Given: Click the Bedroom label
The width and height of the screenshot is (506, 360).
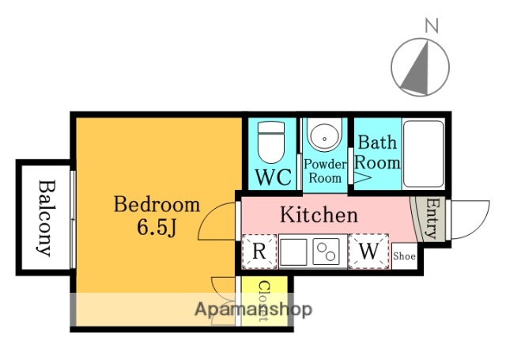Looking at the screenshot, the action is click(x=157, y=204).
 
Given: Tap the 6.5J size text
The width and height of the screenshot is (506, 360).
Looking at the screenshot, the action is click(x=157, y=227).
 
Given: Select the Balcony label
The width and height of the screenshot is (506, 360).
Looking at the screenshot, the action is click(x=45, y=218).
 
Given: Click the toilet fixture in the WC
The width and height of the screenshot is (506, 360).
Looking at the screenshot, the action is click(x=271, y=142).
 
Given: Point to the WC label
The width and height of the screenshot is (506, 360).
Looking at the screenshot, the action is click(x=274, y=177).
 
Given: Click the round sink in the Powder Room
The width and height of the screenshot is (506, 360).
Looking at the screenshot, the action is click(x=324, y=135).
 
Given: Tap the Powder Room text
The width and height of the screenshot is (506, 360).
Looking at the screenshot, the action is click(x=325, y=171).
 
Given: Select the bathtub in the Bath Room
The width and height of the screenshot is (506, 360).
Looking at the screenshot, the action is click(x=424, y=153).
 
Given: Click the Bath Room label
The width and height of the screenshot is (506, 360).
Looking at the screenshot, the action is click(x=377, y=153).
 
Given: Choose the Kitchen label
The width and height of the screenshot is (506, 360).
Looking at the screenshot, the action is click(x=319, y=214).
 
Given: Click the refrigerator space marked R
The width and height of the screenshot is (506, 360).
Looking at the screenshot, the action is click(x=259, y=252).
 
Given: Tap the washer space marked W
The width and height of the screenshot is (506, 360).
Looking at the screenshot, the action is click(x=368, y=252).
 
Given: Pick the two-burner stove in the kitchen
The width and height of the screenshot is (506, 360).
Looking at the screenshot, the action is click(x=327, y=252).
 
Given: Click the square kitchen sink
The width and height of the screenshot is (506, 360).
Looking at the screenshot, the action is click(x=293, y=252).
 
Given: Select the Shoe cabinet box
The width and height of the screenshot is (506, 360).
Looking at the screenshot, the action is click(x=404, y=256).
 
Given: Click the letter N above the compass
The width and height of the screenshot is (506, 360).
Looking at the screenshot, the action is click(x=432, y=26).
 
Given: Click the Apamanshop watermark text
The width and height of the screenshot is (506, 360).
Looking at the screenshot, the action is click(x=253, y=309).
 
